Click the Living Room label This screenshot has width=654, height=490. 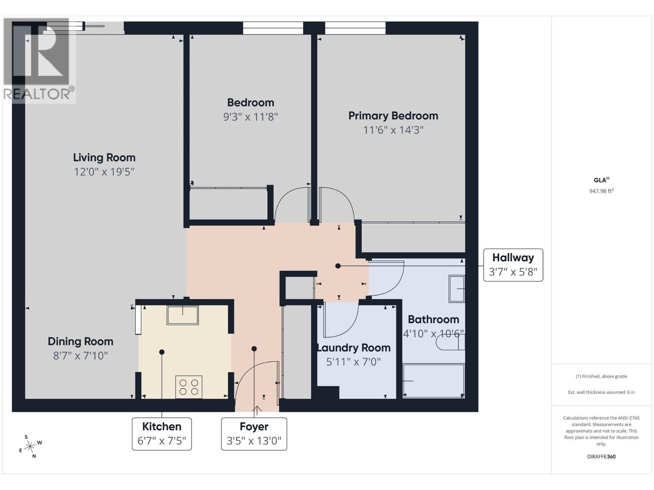coord(104,158)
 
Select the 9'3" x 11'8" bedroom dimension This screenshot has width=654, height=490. coord(250,117)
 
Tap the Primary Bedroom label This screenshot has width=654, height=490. coord(393,116)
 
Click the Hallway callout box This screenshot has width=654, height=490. coord(513,265)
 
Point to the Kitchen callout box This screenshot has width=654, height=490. coord(161,434)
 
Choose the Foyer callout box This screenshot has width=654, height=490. coord(254,434)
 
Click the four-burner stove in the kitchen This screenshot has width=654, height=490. coord(189,387)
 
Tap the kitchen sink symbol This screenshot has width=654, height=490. coord(182,315)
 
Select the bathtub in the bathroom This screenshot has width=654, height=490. coord(433,381)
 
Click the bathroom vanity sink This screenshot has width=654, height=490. coord(457,289)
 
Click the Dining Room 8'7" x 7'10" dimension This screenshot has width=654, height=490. coord(81,356)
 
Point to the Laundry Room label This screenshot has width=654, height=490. coord(354,348)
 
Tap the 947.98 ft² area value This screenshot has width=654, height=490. coord(601,191)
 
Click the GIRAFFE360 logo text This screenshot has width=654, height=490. coord(601,457)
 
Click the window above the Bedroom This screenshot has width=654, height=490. coord(273,28)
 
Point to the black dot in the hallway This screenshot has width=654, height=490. coord(338,266)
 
